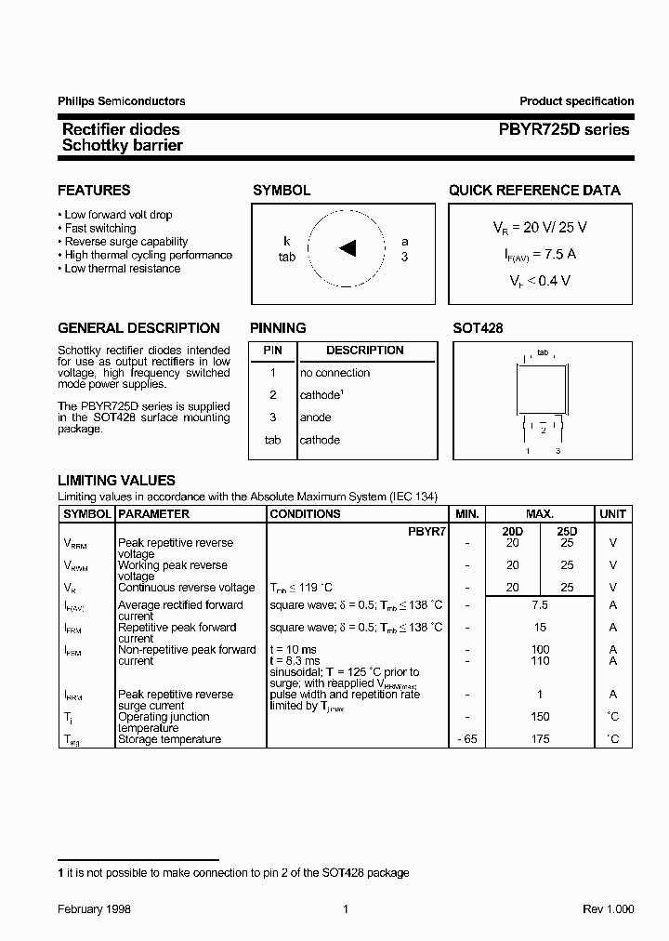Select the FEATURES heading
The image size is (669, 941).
pyautogui.click(x=94, y=191)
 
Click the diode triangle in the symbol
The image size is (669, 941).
pyautogui.click(x=348, y=247)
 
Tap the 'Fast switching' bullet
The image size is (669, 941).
pyautogui.click(x=100, y=228)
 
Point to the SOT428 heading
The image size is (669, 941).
pyautogui.click(x=478, y=328)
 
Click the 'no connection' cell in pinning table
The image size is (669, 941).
pyautogui.click(x=334, y=373)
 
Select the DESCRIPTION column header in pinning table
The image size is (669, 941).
pyautogui.click(x=365, y=351)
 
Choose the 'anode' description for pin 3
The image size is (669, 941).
pyautogui.click(x=316, y=417)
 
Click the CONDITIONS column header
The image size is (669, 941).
pyautogui.click(x=305, y=514)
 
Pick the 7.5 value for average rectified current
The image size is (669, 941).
pyautogui.click(x=540, y=605)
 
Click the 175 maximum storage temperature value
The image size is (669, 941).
pyautogui.click(x=540, y=739)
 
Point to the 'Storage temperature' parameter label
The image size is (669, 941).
pyautogui.click(x=169, y=739)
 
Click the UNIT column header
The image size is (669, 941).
pyautogui.click(x=612, y=514)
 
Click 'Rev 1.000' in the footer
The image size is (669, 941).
pyautogui.click(x=608, y=909)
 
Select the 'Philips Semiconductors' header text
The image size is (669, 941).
pyautogui.click(x=122, y=101)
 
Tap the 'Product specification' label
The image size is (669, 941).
pyautogui.click(x=576, y=101)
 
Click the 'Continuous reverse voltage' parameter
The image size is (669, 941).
pyautogui.click(x=186, y=588)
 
